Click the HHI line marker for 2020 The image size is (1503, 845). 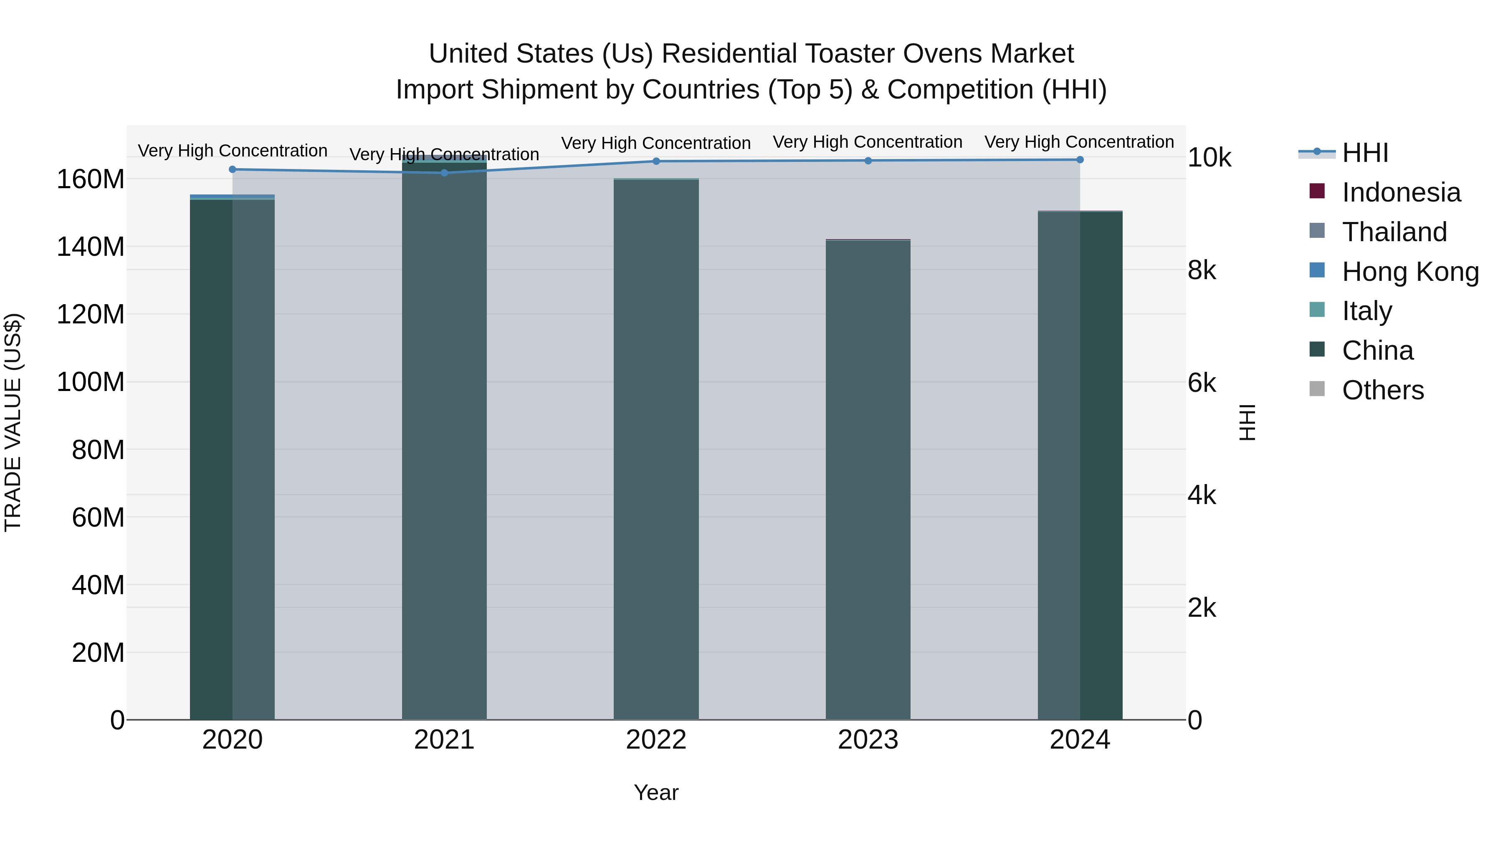coord(232,169)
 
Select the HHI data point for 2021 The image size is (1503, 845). coord(444,173)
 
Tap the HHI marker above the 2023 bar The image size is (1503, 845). coord(868,160)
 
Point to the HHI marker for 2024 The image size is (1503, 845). coord(1079,159)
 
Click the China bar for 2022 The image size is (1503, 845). coord(656,449)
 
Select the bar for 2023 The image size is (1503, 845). coord(868,478)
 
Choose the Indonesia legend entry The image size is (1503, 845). coord(1400,192)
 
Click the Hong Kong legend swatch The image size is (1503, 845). coord(1317,270)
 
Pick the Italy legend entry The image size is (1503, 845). coord(1366,311)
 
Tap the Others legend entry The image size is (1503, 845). coord(1382,390)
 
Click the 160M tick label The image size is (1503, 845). coord(91,179)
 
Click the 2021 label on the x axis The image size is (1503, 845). coord(444,740)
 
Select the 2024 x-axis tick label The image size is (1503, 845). coord(1079,740)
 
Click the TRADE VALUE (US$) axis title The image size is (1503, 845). coord(13,422)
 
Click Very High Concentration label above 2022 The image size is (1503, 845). coord(656,143)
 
